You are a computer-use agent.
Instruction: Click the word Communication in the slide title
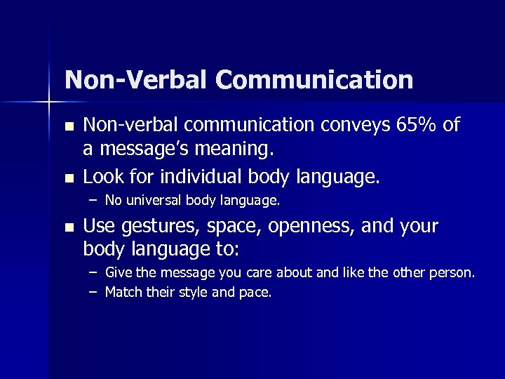click(315, 80)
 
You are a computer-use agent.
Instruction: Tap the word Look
click(101, 176)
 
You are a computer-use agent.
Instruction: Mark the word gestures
click(154, 227)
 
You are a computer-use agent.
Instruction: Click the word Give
click(117, 272)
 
